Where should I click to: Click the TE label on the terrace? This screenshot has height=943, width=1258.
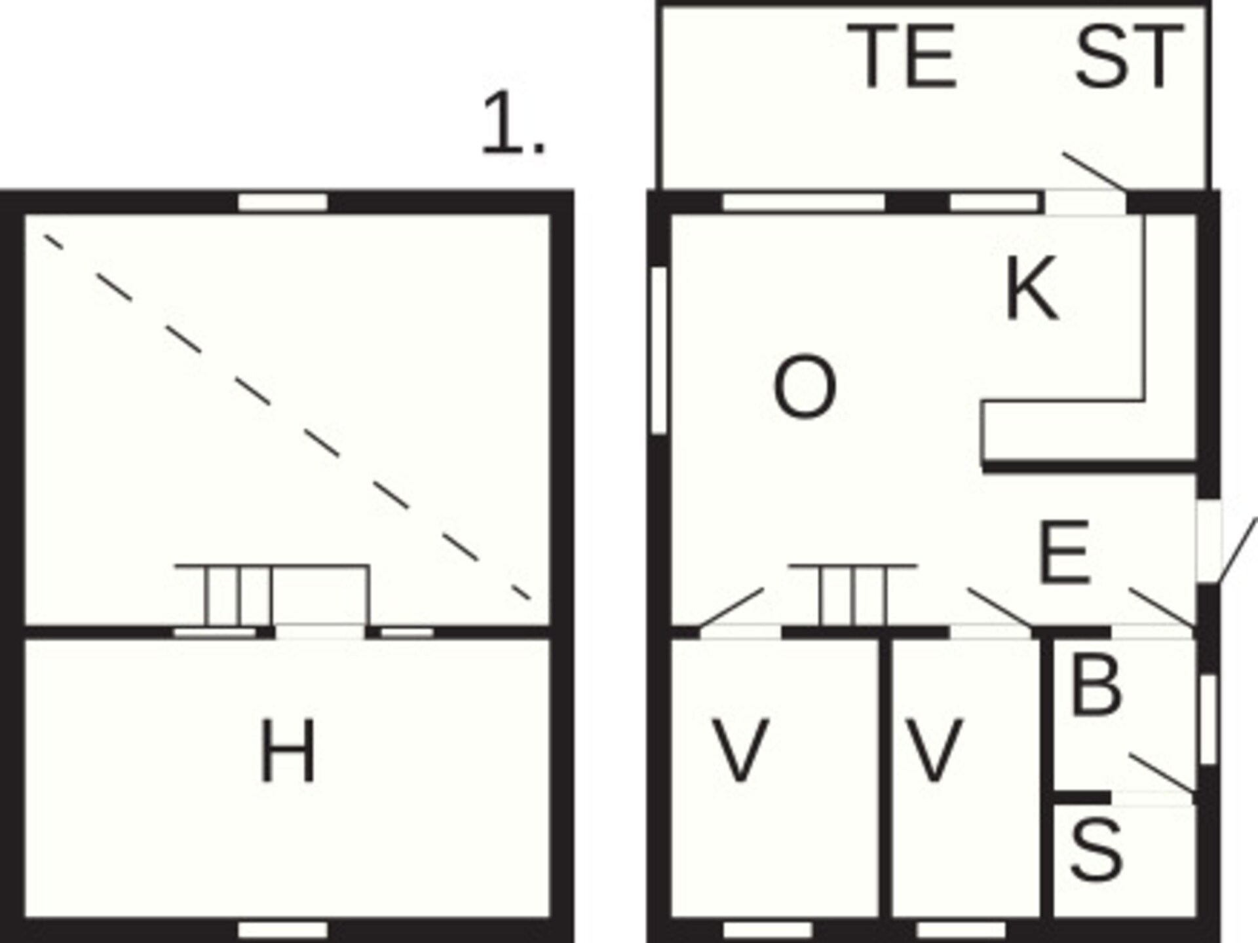point(902,56)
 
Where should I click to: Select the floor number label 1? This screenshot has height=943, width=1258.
point(513,124)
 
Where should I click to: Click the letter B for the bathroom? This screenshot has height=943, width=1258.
point(1095,684)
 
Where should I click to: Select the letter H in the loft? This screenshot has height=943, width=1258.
point(288,750)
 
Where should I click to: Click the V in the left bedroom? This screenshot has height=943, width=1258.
point(740,750)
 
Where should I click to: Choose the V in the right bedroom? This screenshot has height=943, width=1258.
point(933,750)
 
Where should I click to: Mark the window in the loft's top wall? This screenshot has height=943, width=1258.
point(282,202)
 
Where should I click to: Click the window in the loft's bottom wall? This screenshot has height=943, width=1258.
point(282,930)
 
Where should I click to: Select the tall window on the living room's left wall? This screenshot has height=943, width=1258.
point(659,350)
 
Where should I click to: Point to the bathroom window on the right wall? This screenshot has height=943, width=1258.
point(1208,719)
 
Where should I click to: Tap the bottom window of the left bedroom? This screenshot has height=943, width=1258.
point(767,930)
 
